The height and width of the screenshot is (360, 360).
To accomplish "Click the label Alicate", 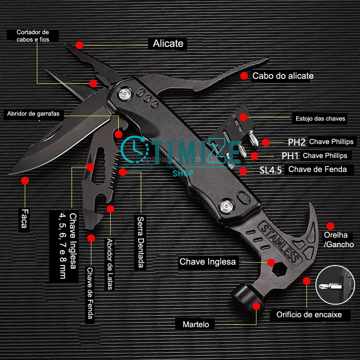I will click(168, 44).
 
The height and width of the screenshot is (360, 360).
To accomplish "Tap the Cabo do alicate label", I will click(283, 76).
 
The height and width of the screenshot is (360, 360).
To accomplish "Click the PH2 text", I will click(297, 142).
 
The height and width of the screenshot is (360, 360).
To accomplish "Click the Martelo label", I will click(196, 324).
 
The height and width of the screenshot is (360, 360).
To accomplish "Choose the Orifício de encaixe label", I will click(310, 315).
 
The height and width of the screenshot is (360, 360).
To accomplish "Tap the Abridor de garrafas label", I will click(33, 113).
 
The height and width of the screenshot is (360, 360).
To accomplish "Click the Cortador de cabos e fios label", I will click(32, 36).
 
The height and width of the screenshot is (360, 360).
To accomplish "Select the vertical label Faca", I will click(24, 218).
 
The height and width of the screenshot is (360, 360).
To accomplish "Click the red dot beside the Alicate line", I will click(80, 45).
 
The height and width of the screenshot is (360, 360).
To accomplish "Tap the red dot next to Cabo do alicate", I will click(244, 76).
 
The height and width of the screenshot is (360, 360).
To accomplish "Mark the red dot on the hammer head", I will click(256, 306).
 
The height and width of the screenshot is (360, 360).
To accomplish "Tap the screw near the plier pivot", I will click(125, 94).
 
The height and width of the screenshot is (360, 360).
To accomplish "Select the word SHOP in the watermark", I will click(183, 173).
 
